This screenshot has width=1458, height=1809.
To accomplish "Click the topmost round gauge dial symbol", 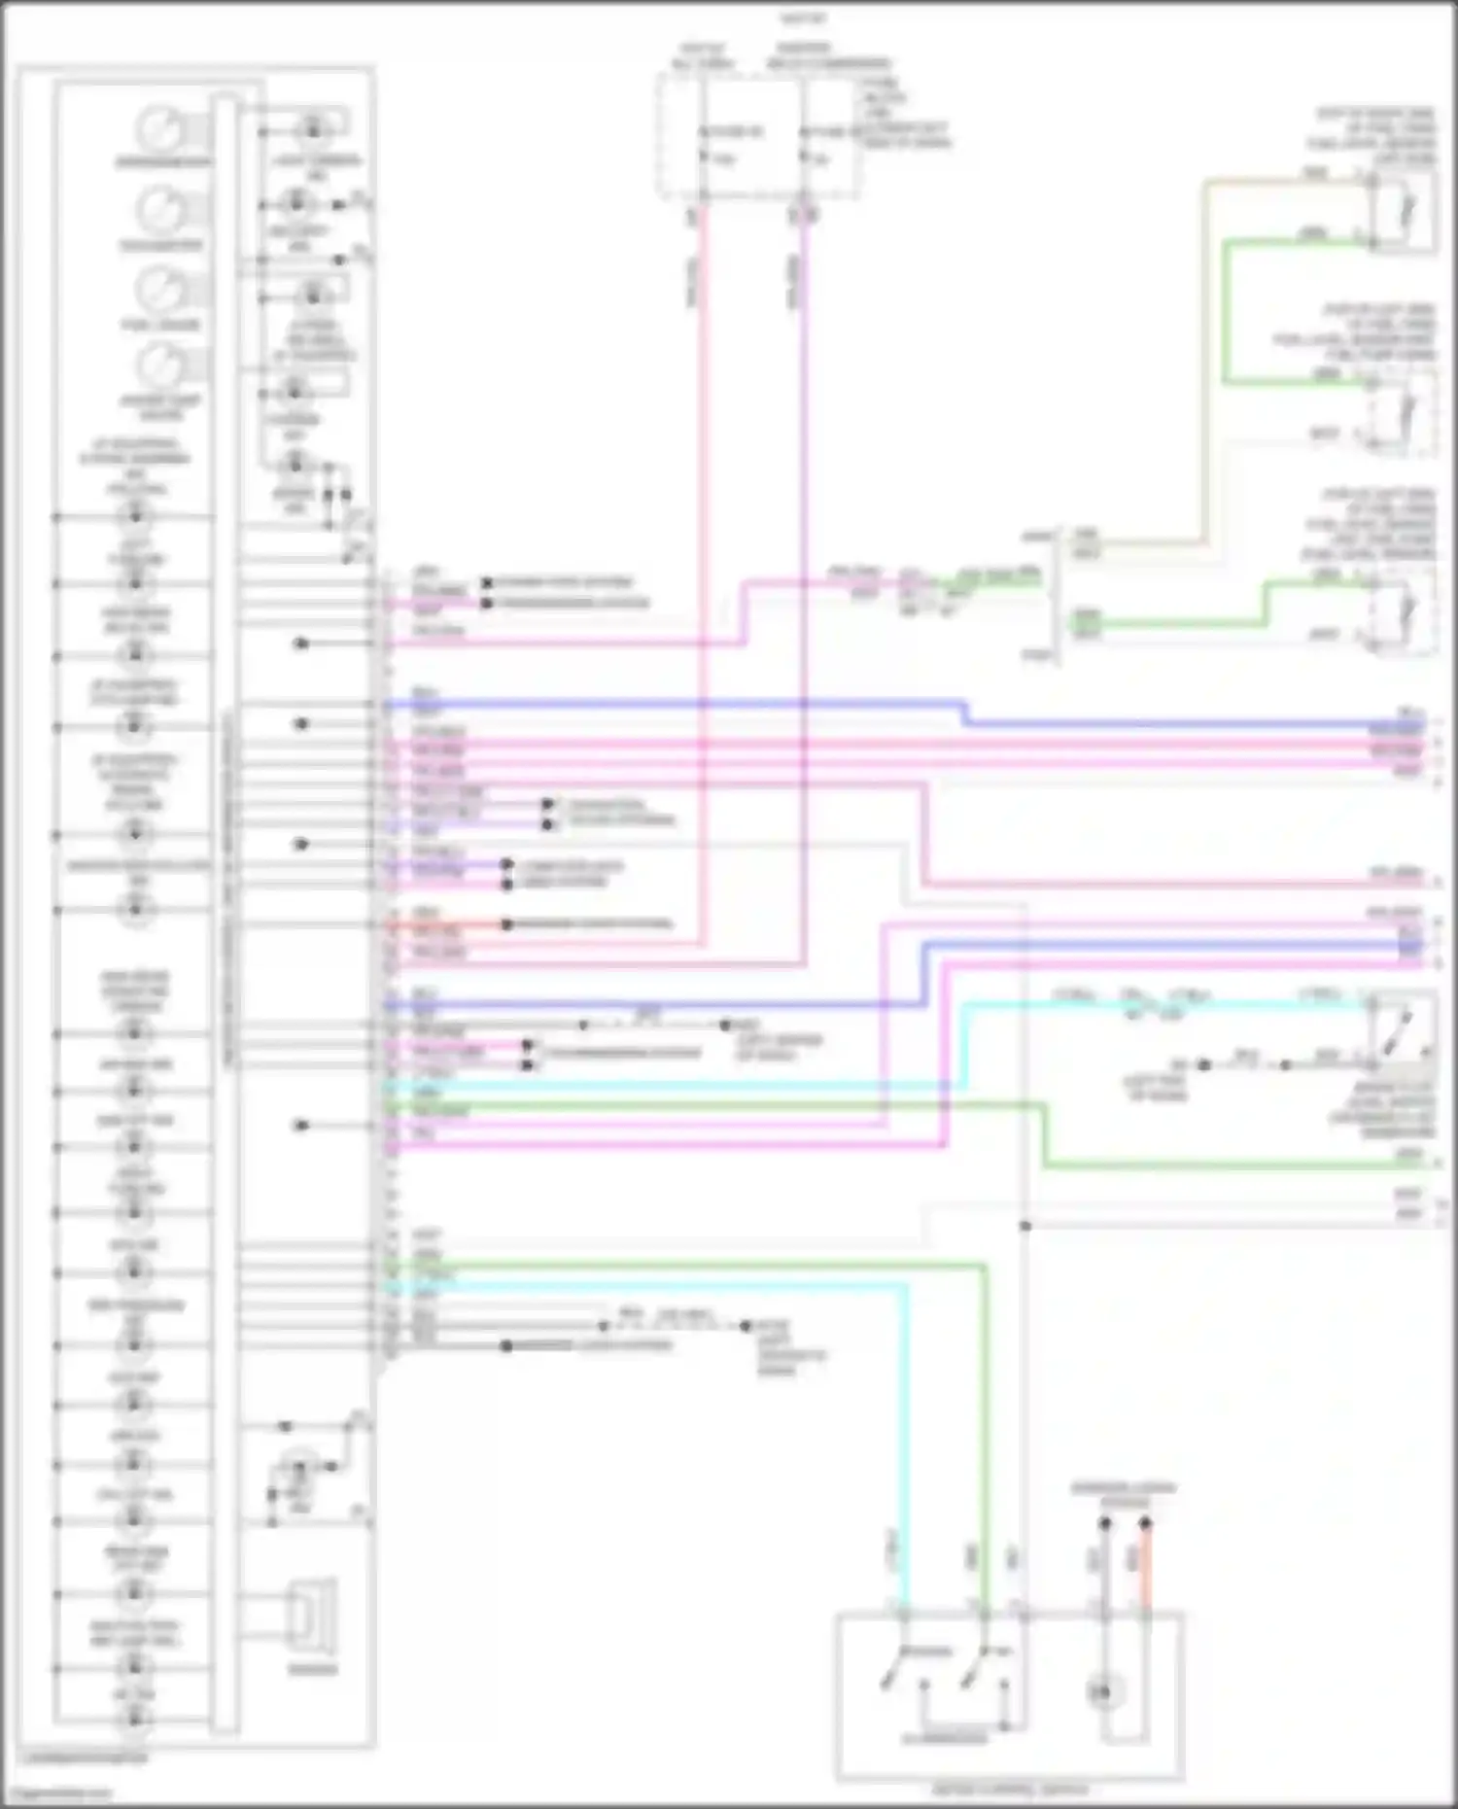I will coord(160,129).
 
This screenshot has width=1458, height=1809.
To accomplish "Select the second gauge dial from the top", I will coord(160,209).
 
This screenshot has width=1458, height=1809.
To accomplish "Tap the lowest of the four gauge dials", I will coord(160,366).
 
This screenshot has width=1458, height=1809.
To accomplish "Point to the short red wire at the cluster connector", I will coord(447,924).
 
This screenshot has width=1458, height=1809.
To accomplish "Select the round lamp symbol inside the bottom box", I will coord(1102,1692).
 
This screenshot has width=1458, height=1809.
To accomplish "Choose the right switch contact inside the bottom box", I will coord(972,1672).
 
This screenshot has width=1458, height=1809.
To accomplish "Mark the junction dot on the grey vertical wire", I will coord(1025,1226).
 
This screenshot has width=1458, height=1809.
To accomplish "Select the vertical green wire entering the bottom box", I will coord(985,1458).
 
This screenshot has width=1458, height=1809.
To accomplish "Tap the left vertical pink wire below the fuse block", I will coord(702,583).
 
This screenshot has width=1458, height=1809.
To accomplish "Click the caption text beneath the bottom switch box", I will coord(1011,1790).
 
